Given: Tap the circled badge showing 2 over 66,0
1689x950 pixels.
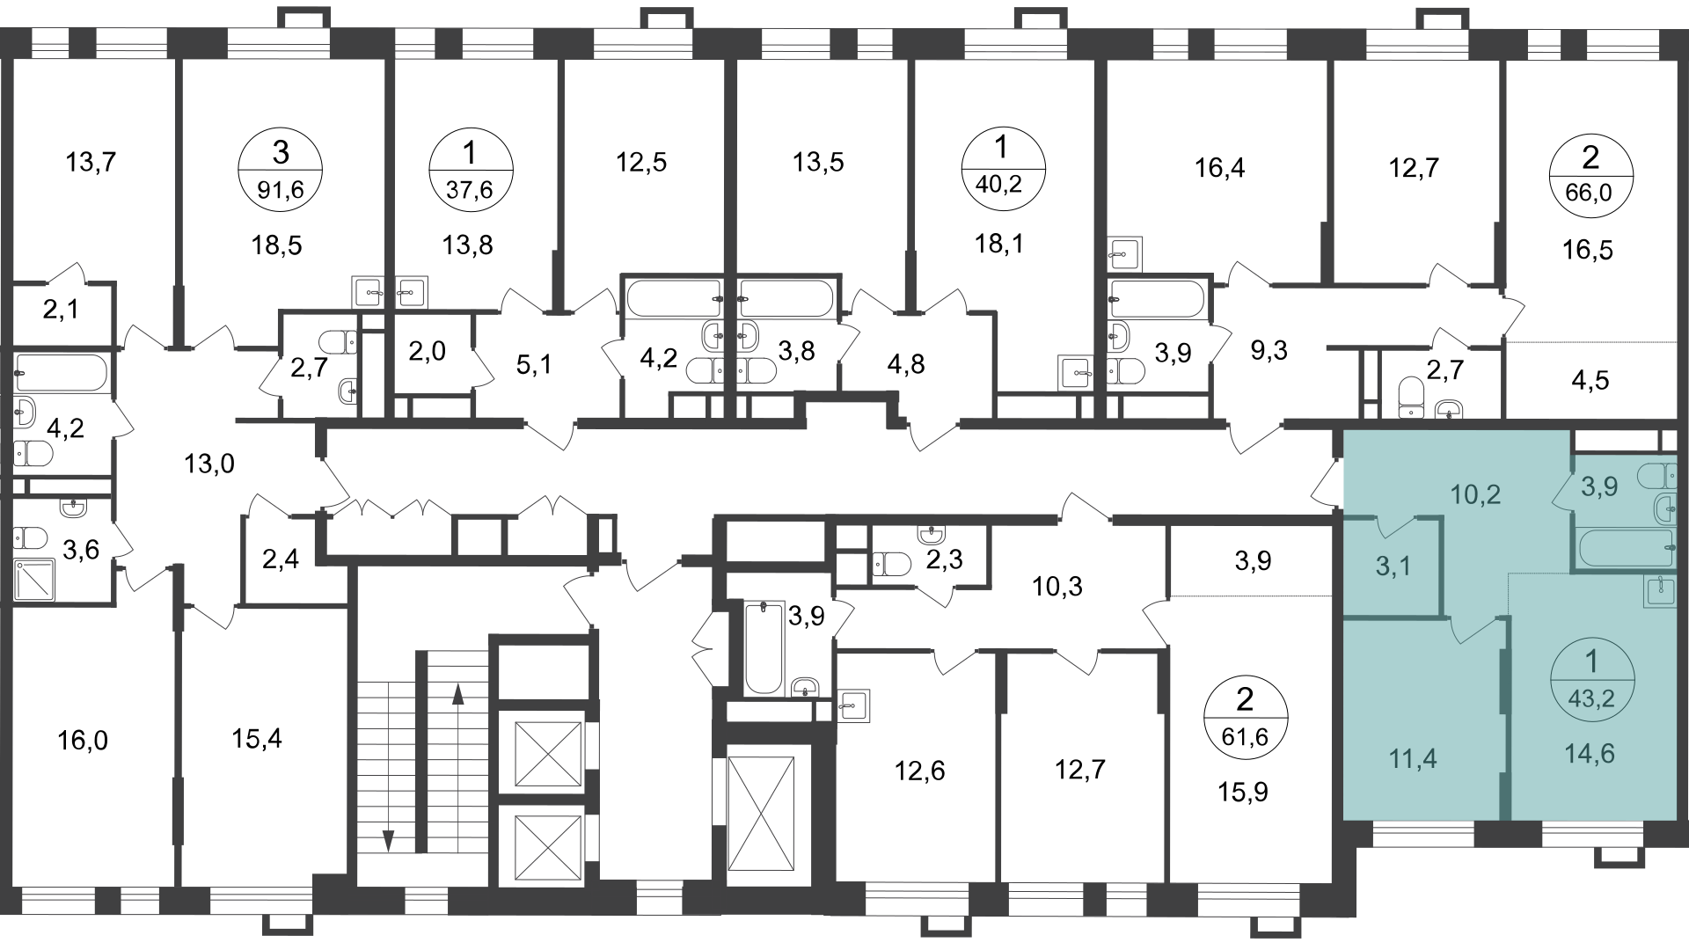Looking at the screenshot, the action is [1590, 175].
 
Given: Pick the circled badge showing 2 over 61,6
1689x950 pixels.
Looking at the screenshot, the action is [1245, 717].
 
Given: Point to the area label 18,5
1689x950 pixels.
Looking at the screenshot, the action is [277, 245].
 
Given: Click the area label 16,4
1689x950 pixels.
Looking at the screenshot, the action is [1219, 167].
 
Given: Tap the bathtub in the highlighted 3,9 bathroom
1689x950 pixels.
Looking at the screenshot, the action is [1624, 549].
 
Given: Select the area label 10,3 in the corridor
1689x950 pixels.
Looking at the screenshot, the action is [1057, 586].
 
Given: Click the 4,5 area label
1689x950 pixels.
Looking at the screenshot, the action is [1590, 381].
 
